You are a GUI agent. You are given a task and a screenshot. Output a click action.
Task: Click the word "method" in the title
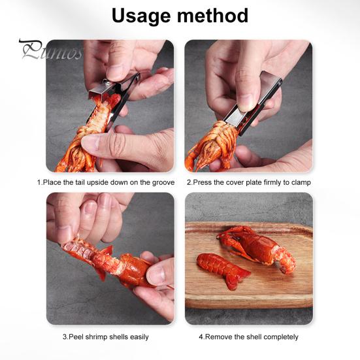click(213, 15)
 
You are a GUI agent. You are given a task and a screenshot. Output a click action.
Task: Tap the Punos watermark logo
click(50, 50)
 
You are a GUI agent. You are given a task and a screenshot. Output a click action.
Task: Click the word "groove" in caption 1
click(163, 182)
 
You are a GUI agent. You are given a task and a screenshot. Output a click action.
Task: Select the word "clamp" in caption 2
click(301, 182)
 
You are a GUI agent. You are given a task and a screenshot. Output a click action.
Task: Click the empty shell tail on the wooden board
click(223, 270)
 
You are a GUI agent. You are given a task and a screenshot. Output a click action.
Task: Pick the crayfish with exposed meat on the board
click(257, 248)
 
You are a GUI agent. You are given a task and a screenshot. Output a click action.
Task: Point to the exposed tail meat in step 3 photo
click(77, 248)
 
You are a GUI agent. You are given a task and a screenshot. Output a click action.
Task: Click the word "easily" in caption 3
click(139, 337)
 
